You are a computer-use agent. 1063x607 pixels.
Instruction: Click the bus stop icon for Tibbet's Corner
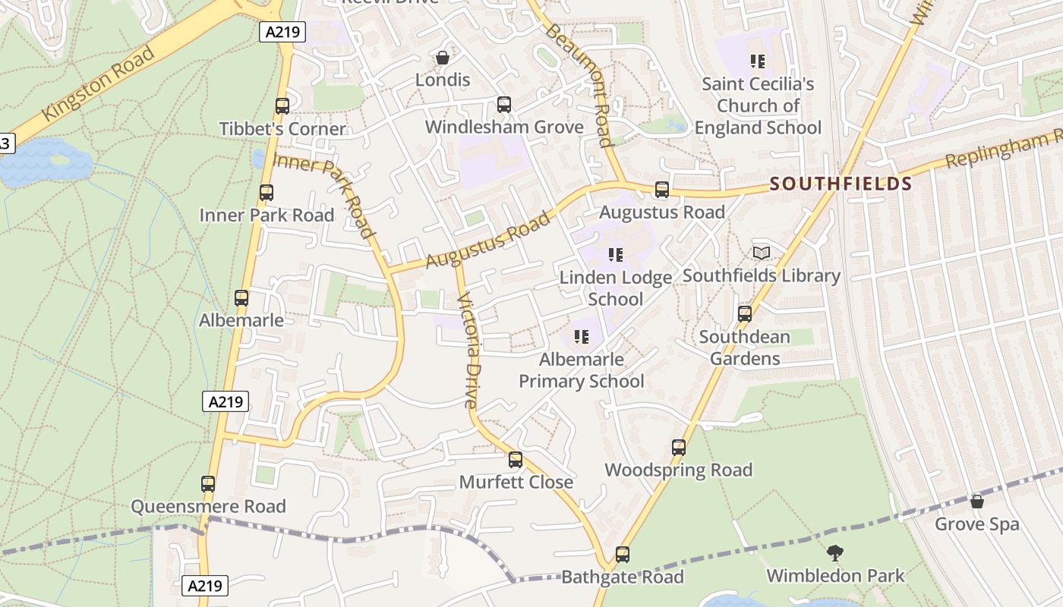[282, 106]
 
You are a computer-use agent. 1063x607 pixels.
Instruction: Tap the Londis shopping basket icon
[442, 58]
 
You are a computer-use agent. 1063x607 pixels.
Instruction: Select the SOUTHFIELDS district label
[841, 184]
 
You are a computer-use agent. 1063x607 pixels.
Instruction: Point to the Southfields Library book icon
[761, 253]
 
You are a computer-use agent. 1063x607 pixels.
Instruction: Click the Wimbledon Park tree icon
[835, 553]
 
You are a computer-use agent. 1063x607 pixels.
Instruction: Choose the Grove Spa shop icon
[976, 502]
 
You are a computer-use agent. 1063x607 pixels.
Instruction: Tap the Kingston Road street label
[99, 83]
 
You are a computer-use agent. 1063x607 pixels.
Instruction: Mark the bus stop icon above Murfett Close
[516, 459]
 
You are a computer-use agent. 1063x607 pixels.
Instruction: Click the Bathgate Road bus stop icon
[623, 555]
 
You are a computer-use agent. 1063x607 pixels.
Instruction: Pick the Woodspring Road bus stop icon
[679, 448]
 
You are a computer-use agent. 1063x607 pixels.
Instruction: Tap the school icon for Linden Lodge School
[616, 255]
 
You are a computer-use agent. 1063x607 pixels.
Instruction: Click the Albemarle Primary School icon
[582, 336]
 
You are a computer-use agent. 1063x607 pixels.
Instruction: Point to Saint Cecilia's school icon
[757, 61]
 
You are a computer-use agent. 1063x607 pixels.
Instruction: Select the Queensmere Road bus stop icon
[208, 483]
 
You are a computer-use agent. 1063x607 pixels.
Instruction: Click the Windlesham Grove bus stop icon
[503, 105]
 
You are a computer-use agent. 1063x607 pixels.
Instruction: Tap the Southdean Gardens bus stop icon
[745, 313]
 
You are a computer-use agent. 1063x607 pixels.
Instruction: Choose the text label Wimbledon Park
[835, 576]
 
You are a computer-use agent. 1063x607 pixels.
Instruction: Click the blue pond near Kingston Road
[42, 163]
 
